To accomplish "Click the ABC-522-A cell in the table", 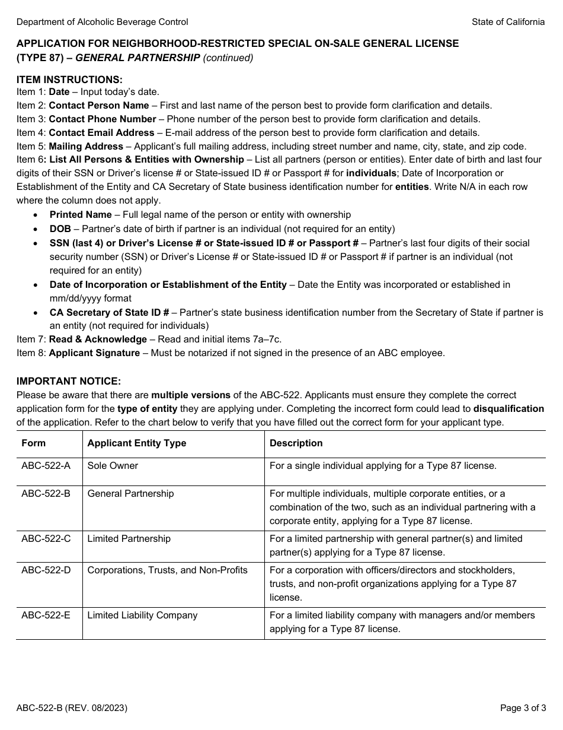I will click(46, 466).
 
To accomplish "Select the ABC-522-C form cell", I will click(46, 539).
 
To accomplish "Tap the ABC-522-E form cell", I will click(46, 615).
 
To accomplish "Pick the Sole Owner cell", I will click(113, 466).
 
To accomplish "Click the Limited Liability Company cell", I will click(142, 615).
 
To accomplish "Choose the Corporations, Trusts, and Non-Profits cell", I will click(167, 570).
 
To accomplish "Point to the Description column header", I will click(296, 443).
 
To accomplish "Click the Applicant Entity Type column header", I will click(136, 443).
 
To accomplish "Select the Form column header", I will click(33, 443).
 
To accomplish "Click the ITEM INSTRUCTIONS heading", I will click(69, 80).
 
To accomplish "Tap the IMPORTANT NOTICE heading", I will click(68, 382).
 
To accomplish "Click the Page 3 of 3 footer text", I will click(522, 708).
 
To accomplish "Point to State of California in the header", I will click(508, 22).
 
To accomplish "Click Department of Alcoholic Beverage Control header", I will click(102, 22).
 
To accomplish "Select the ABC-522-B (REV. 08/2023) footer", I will click(72, 708).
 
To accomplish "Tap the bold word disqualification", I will click(508, 409).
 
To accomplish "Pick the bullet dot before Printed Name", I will click(37, 215).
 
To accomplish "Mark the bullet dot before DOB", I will click(37, 229).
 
